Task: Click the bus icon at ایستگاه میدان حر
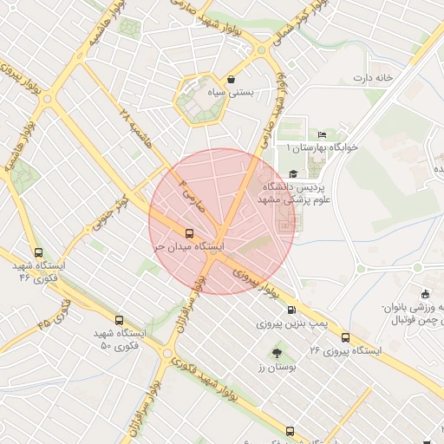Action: pos(189,232)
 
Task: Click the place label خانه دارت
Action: pos(373,78)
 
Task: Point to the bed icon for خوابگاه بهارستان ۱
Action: pos(322,135)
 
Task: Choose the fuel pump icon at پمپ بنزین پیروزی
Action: pos(291,310)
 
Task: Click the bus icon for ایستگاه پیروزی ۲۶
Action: pos(346,337)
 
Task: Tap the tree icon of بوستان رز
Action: pos(277,353)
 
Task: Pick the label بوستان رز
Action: pos(277,368)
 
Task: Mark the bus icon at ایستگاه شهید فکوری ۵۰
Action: pos(119,319)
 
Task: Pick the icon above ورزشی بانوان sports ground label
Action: pos(424,294)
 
